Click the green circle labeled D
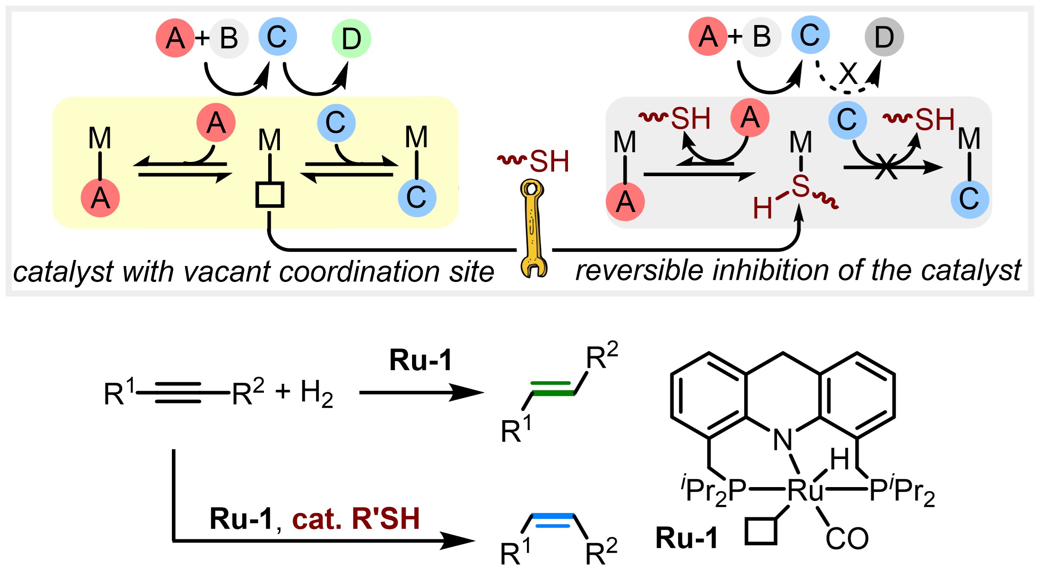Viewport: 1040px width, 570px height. tap(351, 38)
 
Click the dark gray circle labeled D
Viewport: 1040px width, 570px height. tap(884, 37)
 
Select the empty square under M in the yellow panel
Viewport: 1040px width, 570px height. tap(270, 195)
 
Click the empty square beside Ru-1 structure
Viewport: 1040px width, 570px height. tap(761, 531)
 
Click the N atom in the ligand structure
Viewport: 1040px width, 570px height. tap(783, 440)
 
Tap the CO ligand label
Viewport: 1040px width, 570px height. tap(847, 538)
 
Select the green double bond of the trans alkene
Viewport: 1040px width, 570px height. tap(552, 388)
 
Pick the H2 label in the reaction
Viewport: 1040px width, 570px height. tap(317, 393)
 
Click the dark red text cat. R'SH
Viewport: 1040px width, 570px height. tap(356, 518)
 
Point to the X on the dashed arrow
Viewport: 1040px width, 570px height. tap(848, 73)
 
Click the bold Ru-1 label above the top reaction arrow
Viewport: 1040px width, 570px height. tap(420, 360)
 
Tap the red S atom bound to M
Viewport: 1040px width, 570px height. tap(800, 187)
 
